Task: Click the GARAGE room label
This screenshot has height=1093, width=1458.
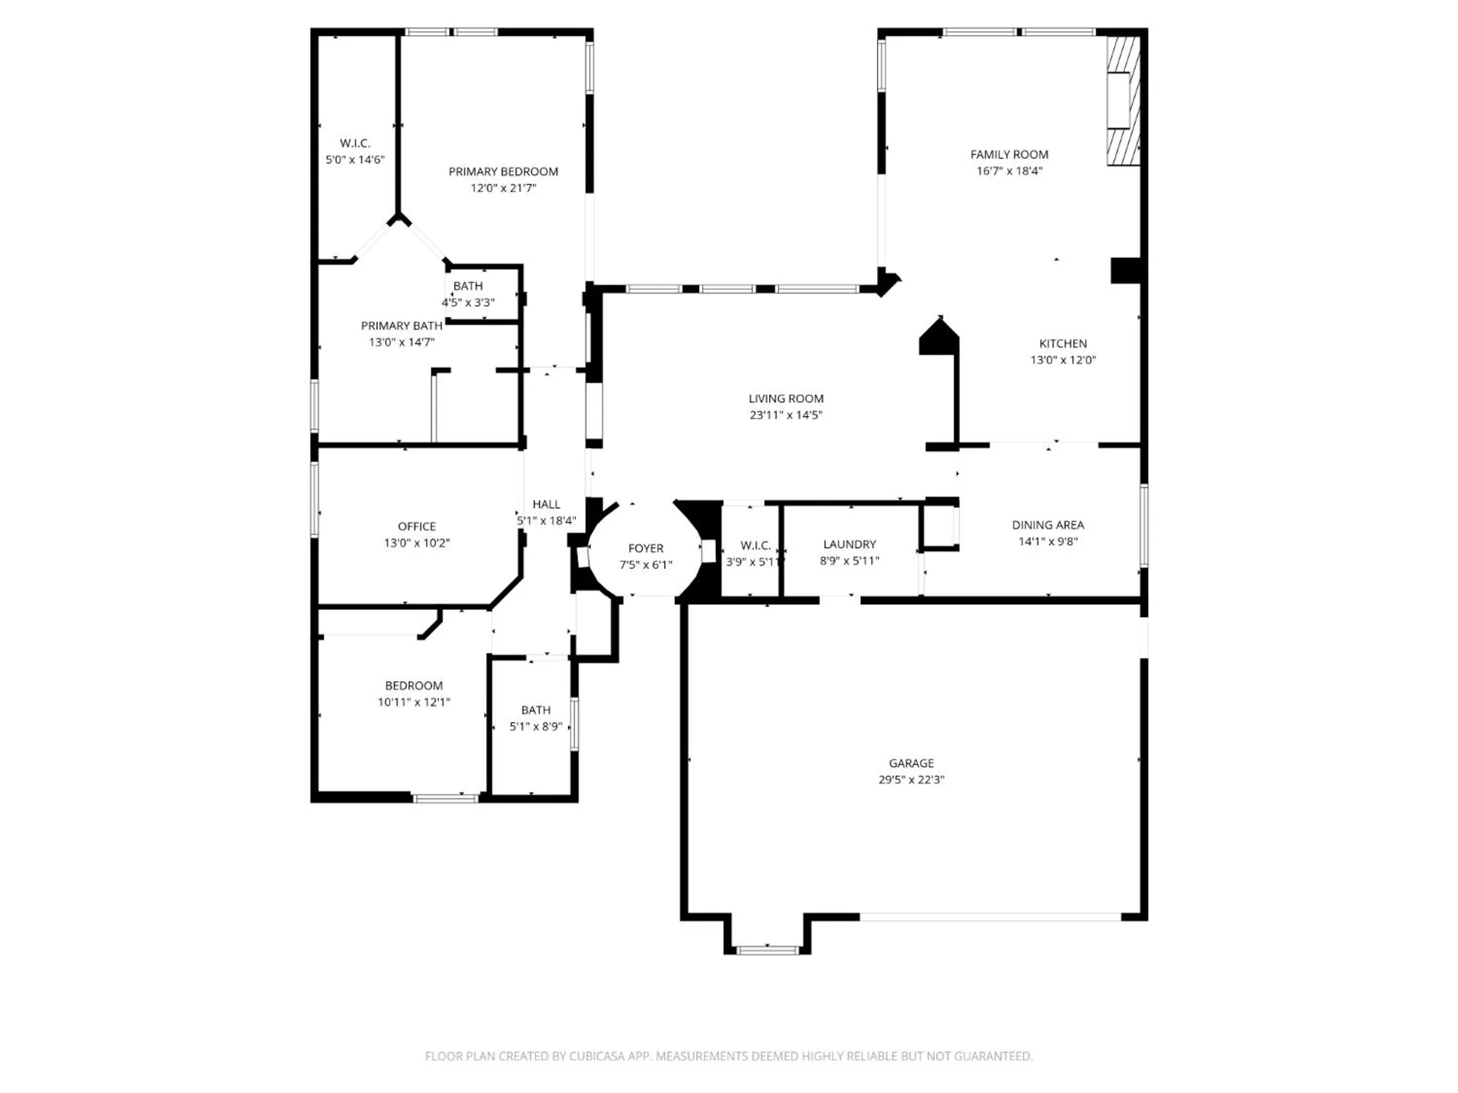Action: (911, 763)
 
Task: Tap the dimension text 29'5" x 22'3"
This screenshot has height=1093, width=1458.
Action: (911, 780)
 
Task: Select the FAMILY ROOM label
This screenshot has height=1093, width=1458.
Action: (1009, 154)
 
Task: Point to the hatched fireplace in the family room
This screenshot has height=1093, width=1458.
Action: (1123, 101)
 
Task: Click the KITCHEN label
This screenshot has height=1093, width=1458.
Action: (1063, 343)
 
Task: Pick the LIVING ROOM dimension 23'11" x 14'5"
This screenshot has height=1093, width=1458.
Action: (786, 415)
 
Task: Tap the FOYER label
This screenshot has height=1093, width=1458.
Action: (646, 548)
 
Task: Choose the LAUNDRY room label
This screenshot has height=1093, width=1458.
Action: (849, 544)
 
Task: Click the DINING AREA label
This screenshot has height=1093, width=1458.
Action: (1048, 525)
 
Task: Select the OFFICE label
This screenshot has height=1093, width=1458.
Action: (416, 526)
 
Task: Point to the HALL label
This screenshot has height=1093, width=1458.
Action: (546, 504)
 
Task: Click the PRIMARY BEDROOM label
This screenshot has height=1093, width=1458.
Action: (503, 171)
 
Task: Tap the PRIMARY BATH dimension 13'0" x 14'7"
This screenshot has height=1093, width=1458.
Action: (402, 342)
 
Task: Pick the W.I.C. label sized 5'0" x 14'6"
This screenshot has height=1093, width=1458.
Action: (355, 144)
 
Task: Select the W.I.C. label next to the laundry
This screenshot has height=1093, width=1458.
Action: (755, 545)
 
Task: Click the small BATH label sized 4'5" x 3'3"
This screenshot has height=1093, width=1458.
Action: (468, 286)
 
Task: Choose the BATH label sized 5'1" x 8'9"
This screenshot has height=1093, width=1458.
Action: (536, 710)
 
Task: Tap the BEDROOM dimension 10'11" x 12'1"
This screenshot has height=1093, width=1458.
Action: (413, 702)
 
